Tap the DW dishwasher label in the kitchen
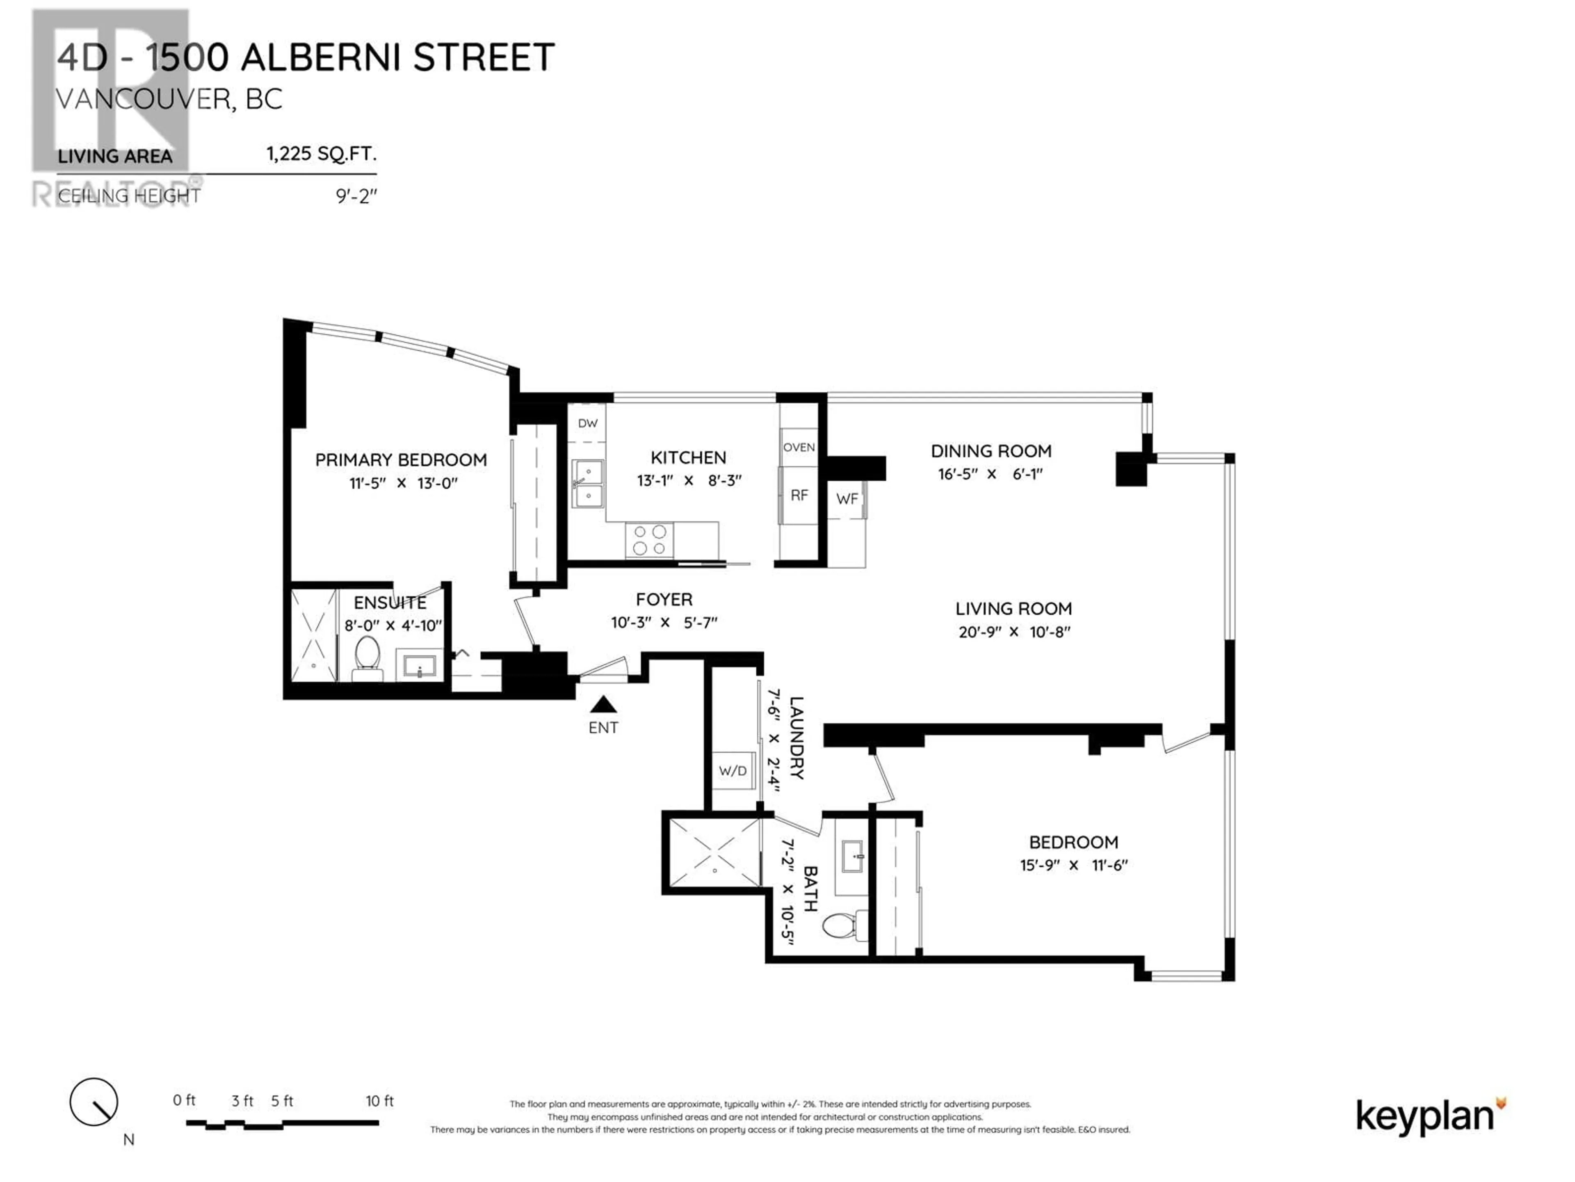(x=587, y=423)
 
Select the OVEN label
(x=799, y=447)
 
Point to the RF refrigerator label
(x=799, y=495)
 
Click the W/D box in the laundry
(x=733, y=771)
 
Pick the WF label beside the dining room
(x=847, y=499)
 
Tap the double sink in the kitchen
(x=588, y=483)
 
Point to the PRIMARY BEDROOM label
(x=401, y=460)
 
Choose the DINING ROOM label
(x=991, y=451)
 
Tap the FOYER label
(x=664, y=600)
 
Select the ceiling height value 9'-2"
(x=356, y=196)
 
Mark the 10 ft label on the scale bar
(x=379, y=1101)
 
